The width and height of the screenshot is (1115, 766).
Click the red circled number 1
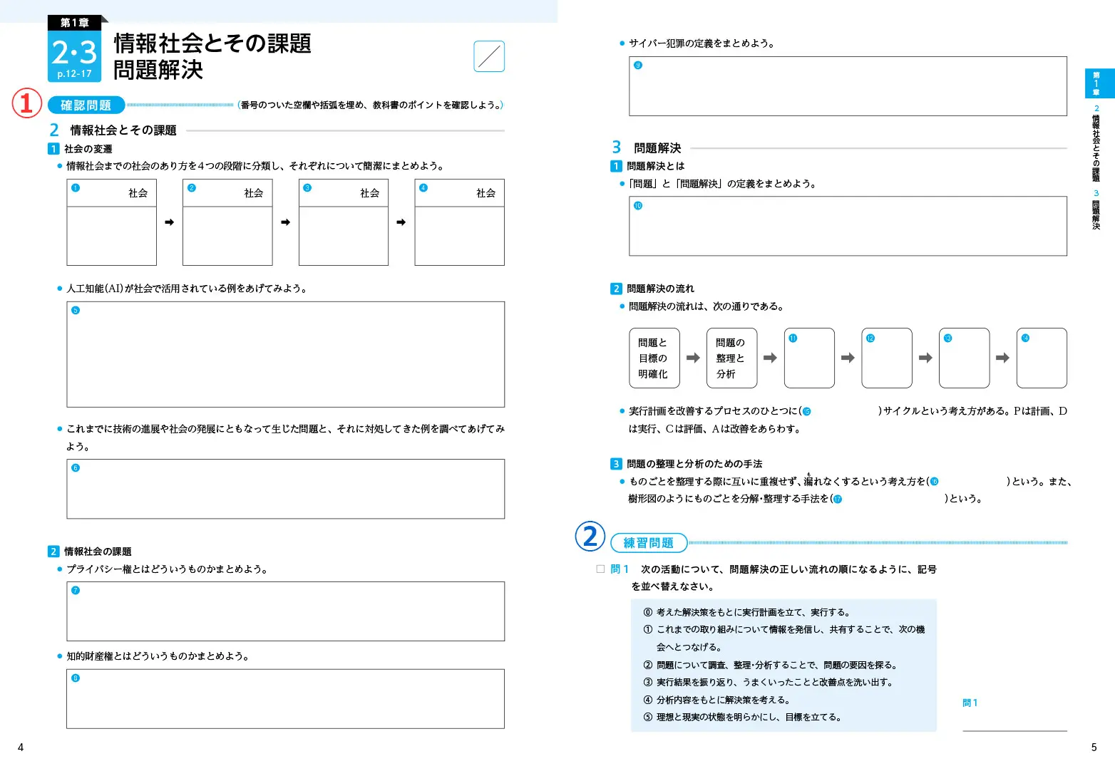tap(26, 103)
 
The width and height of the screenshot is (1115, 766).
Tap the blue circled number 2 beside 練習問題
tap(590, 537)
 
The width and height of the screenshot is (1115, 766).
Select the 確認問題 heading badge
tap(86, 105)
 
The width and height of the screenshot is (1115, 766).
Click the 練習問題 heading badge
tap(649, 543)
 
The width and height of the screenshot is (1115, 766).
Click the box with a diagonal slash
tap(489, 56)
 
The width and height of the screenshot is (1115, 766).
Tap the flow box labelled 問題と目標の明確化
tap(654, 358)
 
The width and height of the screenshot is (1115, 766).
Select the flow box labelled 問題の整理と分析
tap(731, 358)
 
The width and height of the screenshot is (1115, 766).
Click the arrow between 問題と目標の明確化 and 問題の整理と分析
tap(692, 358)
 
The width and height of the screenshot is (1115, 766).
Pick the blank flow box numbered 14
tap(1041, 358)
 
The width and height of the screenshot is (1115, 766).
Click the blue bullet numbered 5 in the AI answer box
tap(76, 311)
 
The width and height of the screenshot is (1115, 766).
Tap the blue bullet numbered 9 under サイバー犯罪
tap(638, 66)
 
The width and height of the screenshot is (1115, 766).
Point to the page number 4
tap(21, 747)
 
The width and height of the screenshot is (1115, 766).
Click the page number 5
tap(1094, 747)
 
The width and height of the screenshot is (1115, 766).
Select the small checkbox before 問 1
tap(600, 569)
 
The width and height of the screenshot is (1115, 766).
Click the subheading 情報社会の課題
tap(98, 552)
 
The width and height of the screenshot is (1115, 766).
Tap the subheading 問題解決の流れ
tap(660, 289)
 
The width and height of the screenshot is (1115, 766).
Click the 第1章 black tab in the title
tap(74, 23)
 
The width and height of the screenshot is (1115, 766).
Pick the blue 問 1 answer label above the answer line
tap(970, 703)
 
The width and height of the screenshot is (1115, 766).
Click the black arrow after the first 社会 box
tap(169, 222)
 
